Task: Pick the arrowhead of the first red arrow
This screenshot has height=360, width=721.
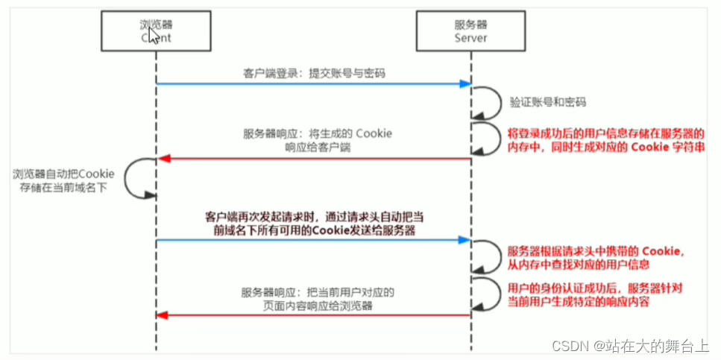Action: tap(162, 158)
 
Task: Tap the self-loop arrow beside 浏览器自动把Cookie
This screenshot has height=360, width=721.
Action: tap(132, 180)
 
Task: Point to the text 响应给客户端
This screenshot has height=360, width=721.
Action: tap(318, 148)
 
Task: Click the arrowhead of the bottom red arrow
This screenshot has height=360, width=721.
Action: tap(162, 316)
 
